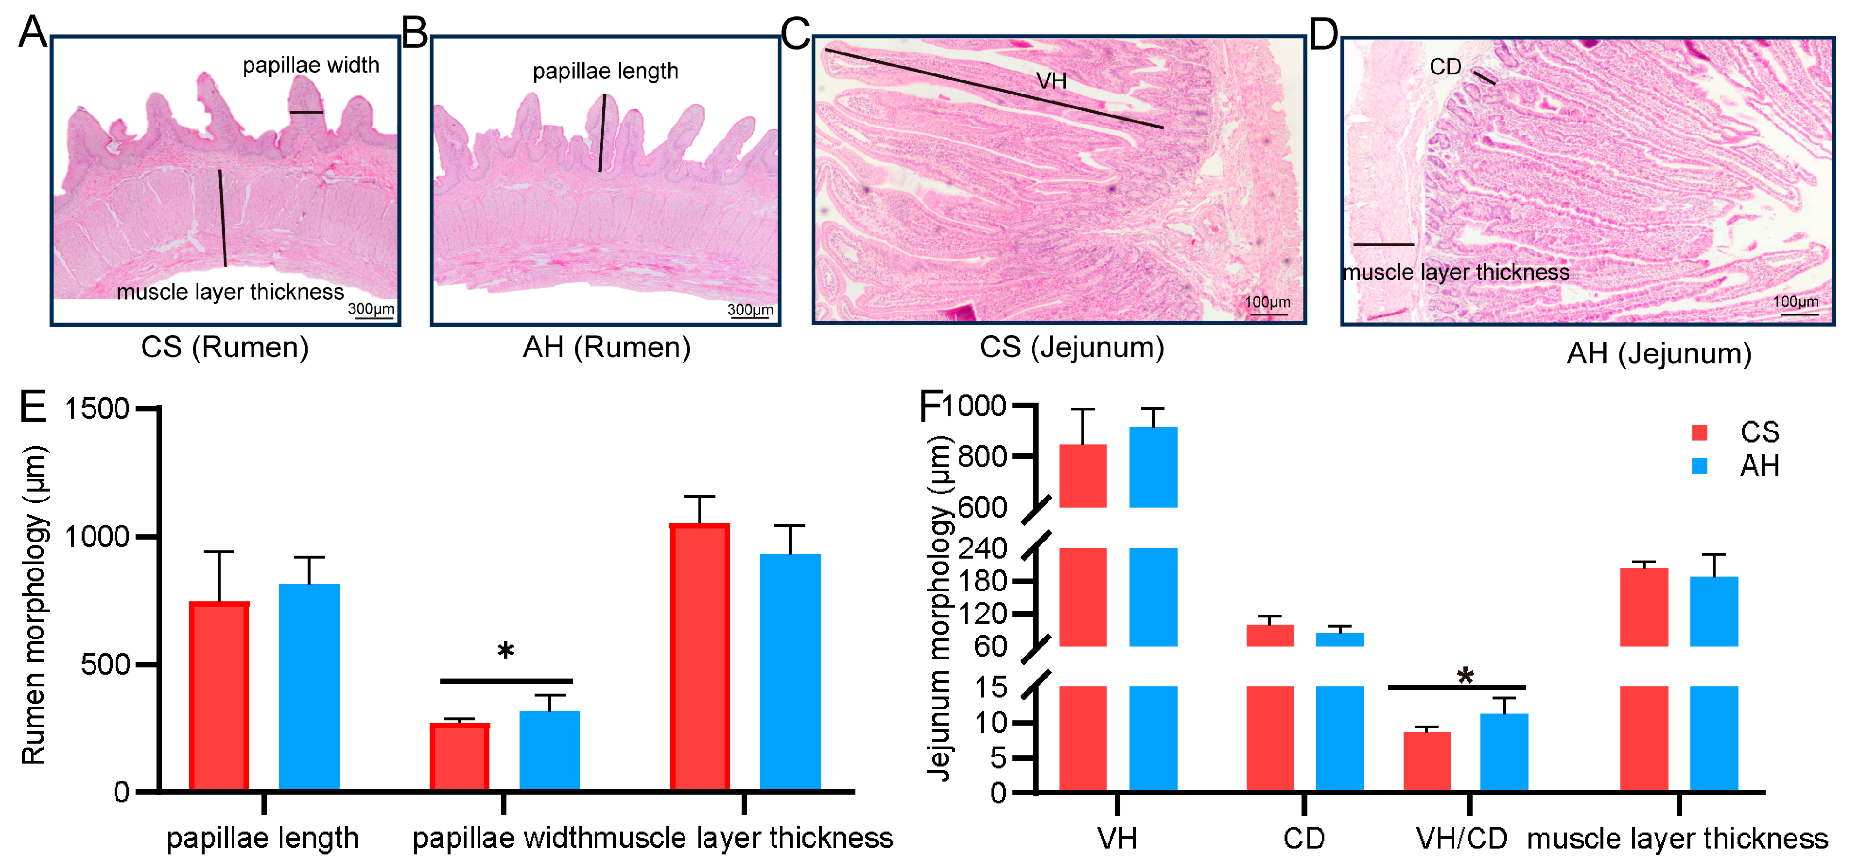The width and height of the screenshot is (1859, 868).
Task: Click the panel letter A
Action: point(33,33)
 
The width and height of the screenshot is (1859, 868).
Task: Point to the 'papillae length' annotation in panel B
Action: point(606,71)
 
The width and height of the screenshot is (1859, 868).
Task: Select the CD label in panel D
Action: point(1445,67)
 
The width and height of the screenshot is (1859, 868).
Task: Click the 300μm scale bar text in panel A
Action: point(371,309)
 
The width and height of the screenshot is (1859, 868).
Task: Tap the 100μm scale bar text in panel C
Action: point(1267,302)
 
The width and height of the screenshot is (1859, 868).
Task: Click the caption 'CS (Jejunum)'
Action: point(1072,348)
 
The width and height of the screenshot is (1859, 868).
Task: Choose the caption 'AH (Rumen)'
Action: point(606,348)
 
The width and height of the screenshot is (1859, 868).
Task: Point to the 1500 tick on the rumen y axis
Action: point(97,409)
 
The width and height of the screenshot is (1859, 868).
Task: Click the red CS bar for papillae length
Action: point(219,696)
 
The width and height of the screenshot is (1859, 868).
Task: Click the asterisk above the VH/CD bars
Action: point(1465,677)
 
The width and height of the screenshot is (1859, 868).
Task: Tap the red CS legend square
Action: point(1700,433)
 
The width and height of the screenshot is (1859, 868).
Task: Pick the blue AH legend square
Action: point(1700,466)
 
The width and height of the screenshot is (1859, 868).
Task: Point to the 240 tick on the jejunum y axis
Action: point(982,549)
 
